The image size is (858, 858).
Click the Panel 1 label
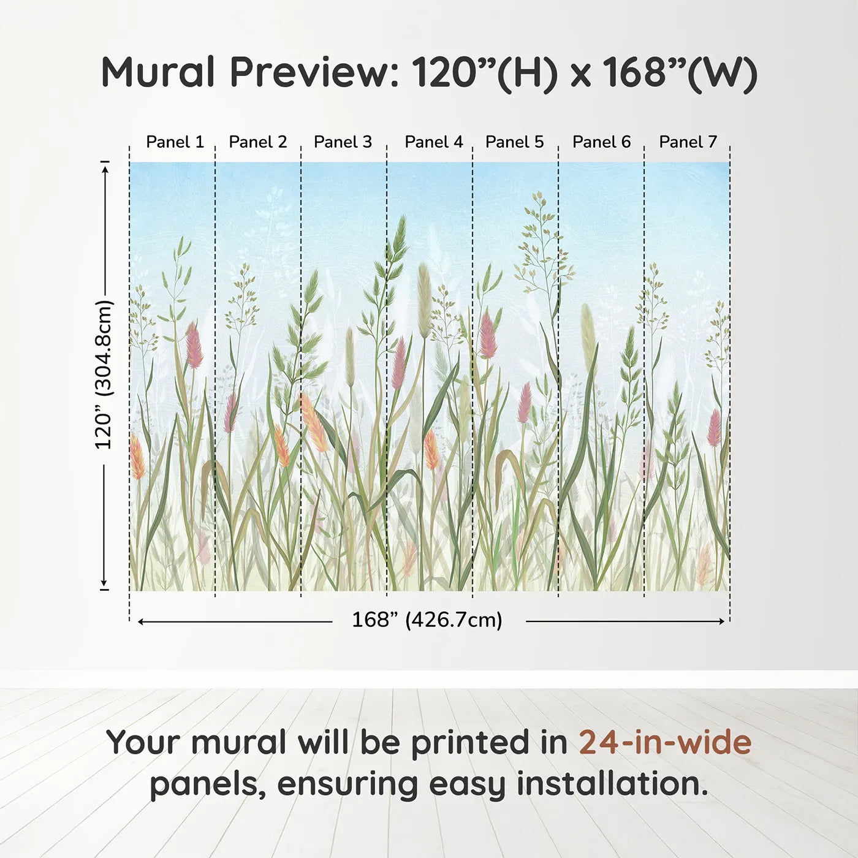tap(175, 142)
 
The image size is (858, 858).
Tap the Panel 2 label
tap(258, 142)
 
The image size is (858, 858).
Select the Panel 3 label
tap(343, 142)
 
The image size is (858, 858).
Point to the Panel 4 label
tap(434, 142)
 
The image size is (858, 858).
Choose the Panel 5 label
tap(515, 142)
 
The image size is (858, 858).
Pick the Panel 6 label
tap(602, 142)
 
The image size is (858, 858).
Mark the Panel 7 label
tap(688, 142)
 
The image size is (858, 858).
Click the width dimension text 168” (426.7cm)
tap(427, 620)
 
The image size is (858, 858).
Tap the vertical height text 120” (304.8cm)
tap(104, 374)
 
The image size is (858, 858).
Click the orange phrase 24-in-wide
tap(665, 742)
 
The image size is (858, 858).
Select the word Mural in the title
tap(158, 72)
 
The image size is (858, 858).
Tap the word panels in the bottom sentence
tap(205, 786)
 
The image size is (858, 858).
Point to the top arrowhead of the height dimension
tap(105, 170)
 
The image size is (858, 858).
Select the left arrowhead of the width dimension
tap(141, 621)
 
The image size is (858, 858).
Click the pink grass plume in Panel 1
tap(194, 346)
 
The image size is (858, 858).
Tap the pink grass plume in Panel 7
tap(714, 428)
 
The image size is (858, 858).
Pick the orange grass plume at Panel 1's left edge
tap(137, 457)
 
